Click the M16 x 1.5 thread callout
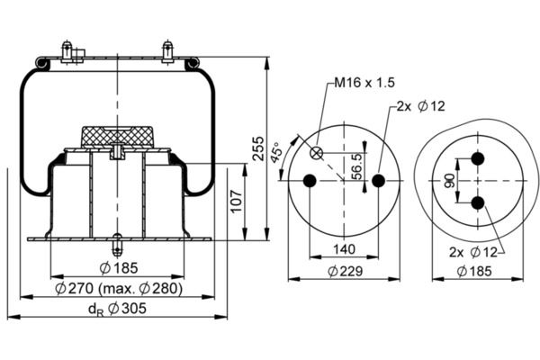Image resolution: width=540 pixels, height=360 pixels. point(364,83)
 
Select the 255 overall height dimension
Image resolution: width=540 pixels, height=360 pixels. point(258,148)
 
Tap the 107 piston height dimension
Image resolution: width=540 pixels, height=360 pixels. point(238,202)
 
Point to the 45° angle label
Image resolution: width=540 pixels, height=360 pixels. point(277,152)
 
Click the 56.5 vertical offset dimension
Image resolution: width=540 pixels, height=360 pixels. point(358,166)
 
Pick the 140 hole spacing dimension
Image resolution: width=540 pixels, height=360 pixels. point(345,249)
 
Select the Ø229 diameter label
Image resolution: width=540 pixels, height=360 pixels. point(345,272)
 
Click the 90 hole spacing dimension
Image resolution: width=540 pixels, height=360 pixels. point(449,181)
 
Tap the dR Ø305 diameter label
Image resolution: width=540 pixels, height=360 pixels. point(117,309)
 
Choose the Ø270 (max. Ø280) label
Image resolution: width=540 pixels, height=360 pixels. point(119,289)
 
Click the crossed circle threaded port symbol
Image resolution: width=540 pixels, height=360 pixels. point(316,153)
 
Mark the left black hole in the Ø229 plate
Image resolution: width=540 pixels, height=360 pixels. point(310,180)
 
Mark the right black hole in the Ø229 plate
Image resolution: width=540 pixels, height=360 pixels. point(379,180)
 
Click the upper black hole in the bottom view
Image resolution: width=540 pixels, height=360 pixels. point(478,158)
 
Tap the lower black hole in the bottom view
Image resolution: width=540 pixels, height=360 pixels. point(478,203)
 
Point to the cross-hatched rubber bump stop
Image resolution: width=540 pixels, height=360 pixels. point(117,138)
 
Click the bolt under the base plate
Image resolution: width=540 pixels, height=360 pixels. point(117,245)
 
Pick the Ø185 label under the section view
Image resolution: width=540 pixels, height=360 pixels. point(119,268)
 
